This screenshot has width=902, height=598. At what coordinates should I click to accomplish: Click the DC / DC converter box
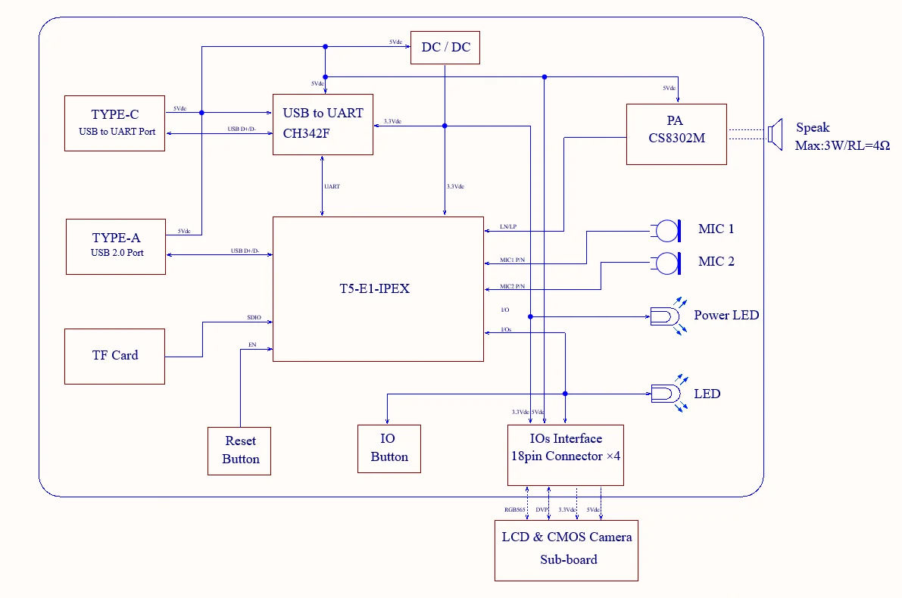tap(445, 48)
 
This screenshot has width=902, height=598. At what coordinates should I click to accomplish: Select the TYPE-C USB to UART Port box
tap(115, 123)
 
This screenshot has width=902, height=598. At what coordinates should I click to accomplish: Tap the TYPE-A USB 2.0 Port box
tap(116, 246)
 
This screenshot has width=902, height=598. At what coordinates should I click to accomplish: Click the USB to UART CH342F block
tap(323, 124)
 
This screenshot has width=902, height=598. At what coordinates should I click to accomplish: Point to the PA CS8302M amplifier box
tap(676, 134)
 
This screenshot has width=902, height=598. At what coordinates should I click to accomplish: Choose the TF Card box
tap(114, 356)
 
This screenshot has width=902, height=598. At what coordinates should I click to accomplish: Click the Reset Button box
tap(239, 450)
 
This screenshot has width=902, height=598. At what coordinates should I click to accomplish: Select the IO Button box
tap(389, 448)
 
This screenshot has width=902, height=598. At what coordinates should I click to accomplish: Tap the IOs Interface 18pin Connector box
tap(565, 454)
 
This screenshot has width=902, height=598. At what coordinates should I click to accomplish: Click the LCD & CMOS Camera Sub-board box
tap(566, 550)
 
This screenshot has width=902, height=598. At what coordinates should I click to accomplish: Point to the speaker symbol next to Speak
tap(774, 133)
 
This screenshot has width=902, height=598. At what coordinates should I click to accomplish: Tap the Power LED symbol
tap(665, 316)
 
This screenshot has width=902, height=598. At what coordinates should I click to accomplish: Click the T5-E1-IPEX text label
tap(374, 288)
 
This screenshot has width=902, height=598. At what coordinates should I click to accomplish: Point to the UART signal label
tap(332, 186)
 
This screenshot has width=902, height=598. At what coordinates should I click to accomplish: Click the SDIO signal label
tap(254, 318)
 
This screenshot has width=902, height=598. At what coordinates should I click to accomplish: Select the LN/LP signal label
tap(508, 226)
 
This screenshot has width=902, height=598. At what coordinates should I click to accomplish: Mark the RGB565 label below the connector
tap(515, 510)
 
